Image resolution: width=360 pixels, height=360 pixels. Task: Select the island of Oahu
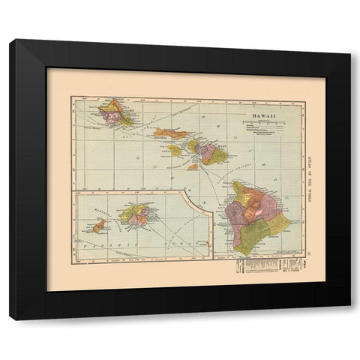coord(116,114)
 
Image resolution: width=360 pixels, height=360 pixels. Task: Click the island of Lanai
coord(175,150)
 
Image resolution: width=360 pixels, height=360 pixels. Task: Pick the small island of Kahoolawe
coord(193,166)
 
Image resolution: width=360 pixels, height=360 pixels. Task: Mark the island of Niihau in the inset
coord(99,225)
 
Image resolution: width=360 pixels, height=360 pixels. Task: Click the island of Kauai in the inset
coord(136,216)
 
